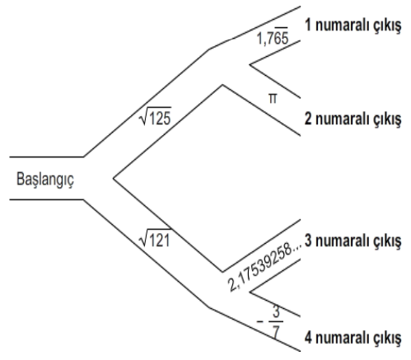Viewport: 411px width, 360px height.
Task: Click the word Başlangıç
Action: click(45, 180)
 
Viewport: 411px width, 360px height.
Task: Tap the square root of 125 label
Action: click(156, 116)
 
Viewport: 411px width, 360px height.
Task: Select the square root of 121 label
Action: click(156, 238)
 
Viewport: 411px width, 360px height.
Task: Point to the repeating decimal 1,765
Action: click(273, 36)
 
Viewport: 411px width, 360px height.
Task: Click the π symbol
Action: click(273, 99)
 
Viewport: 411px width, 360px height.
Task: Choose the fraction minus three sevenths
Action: click(270, 321)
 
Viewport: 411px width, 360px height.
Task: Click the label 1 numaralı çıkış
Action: click(353, 26)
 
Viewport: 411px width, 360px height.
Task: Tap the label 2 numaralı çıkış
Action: click(353, 119)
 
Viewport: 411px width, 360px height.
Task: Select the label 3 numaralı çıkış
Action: click(353, 241)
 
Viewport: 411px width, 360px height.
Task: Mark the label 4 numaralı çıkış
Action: click(353, 338)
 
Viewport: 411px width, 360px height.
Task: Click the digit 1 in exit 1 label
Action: click(308, 25)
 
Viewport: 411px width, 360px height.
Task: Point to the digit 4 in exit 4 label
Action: click(308, 338)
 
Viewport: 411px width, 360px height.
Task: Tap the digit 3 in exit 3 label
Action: click(308, 241)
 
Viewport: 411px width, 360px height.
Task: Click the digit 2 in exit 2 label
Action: click(308, 119)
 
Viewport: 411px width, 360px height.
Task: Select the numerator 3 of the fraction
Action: click(276, 312)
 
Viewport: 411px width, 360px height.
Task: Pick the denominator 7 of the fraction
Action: click(276, 331)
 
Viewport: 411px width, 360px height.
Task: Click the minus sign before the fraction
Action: click(260, 321)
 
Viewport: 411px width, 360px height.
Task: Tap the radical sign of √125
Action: click(144, 117)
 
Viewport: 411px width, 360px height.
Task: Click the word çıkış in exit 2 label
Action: click(388, 120)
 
